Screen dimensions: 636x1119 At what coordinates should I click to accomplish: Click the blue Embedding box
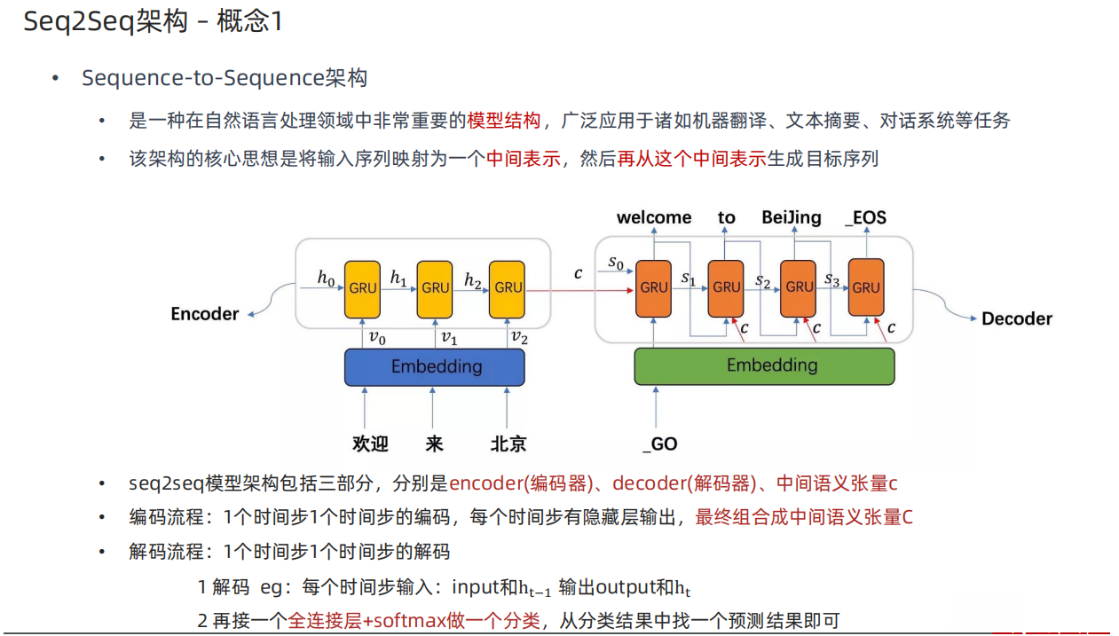click(434, 366)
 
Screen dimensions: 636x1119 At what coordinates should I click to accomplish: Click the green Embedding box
click(764, 365)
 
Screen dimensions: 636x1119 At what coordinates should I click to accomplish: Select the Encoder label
click(205, 314)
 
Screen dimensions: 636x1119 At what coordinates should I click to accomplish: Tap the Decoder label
click(1016, 318)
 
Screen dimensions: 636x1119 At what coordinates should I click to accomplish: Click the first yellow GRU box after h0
click(362, 287)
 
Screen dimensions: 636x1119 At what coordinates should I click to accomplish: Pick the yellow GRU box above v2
click(508, 287)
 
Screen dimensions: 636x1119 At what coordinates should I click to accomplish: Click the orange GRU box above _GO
click(653, 287)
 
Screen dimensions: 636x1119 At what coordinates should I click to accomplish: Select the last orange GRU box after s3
click(866, 287)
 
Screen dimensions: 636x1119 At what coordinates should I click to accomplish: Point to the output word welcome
click(654, 217)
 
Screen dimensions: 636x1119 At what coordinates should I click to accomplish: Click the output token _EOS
click(865, 217)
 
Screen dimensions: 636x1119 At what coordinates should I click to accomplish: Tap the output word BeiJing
click(792, 217)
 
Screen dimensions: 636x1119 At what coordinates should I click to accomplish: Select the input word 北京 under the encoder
click(508, 444)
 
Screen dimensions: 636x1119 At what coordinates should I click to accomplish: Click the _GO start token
click(660, 444)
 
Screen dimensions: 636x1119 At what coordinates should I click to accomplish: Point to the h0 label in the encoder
click(327, 277)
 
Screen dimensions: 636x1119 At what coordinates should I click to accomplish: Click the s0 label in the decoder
click(615, 263)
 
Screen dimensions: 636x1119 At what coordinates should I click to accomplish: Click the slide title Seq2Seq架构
click(106, 21)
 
